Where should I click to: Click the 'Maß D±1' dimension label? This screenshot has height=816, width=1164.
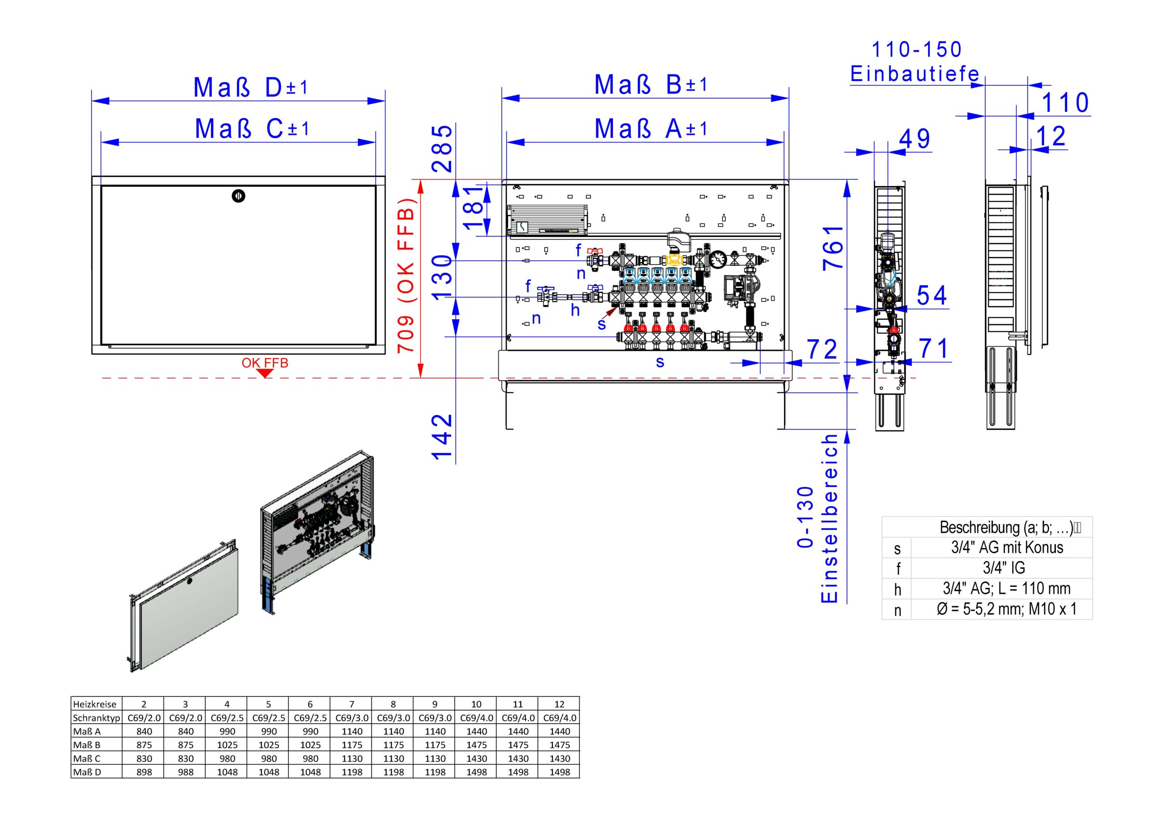click(x=251, y=88)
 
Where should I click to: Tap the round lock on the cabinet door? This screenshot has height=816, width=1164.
click(x=238, y=196)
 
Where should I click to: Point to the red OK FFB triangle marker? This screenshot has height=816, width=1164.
click(x=265, y=374)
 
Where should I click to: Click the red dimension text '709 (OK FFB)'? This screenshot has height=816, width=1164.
click(x=406, y=276)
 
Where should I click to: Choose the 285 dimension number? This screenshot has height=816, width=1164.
click(x=442, y=149)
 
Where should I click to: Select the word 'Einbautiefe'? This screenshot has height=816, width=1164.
click(x=914, y=74)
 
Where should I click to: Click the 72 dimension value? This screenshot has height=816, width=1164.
click(x=822, y=350)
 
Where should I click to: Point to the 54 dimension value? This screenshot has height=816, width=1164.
click(x=931, y=295)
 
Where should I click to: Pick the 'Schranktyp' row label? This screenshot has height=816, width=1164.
click(x=96, y=718)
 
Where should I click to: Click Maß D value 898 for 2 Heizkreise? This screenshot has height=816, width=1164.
click(x=144, y=772)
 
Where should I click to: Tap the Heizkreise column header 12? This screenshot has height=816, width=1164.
click(x=559, y=704)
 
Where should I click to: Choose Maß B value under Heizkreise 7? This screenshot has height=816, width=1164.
click(x=352, y=745)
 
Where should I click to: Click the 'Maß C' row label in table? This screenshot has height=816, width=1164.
click(x=87, y=759)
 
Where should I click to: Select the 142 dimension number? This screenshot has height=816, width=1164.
click(x=442, y=436)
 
